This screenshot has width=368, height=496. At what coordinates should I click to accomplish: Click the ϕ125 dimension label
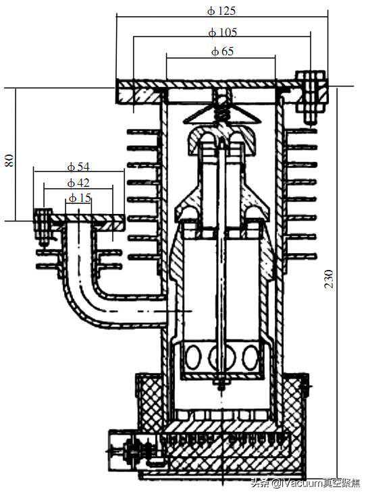click(x=221, y=11)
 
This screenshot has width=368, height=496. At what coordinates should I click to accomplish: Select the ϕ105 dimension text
click(x=223, y=32)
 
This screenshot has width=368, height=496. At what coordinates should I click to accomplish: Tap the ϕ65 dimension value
click(x=222, y=51)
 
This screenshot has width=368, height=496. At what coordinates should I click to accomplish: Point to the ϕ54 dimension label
click(x=78, y=167)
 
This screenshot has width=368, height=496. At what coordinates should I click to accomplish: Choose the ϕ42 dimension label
click(x=78, y=183)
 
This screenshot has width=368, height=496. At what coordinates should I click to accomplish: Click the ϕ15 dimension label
click(x=80, y=198)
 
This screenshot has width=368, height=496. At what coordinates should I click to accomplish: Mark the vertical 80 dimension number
click(x=9, y=161)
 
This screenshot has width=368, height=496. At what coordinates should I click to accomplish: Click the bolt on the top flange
click(x=311, y=97)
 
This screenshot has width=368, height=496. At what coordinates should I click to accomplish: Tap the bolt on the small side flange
click(x=43, y=226)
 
